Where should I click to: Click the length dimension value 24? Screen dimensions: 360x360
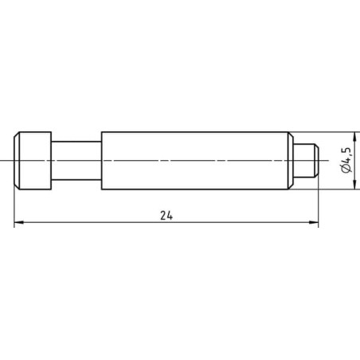166,215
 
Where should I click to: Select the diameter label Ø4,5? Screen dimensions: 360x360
346,160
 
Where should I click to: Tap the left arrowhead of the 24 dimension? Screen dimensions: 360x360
18,222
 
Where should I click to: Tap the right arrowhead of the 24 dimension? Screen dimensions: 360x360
313,222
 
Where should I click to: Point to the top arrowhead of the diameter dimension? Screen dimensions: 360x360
354,137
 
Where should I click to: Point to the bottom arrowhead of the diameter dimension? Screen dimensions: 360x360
354,184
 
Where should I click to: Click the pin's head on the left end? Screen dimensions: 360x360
33,161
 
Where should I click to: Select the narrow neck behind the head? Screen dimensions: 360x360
76,161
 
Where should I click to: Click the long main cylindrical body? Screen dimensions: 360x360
198,161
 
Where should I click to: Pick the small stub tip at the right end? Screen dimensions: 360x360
305,161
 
